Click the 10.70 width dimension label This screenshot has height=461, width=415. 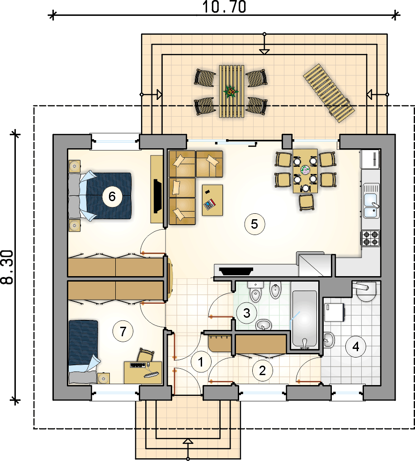[224, 7]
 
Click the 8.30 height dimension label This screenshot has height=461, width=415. [8, 267]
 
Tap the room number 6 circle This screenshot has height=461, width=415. [112, 197]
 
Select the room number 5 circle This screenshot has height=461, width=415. [255, 224]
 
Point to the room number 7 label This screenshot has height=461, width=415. [123, 331]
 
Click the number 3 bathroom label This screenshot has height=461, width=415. [246, 313]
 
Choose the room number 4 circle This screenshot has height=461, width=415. [356, 347]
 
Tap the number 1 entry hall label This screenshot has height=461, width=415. [201, 362]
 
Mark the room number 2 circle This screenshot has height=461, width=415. [262, 371]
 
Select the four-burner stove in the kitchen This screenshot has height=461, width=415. [371, 238]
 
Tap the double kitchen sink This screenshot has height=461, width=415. [371, 200]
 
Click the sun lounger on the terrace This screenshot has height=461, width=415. [329, 93]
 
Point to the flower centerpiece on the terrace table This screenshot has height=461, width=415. [231, 92]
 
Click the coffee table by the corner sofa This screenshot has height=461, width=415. [212, 200]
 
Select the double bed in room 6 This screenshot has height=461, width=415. [99, 196]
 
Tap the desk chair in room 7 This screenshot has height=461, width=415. [146, 355]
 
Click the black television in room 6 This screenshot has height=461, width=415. [158, 196]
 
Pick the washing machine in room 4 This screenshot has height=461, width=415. [334, 312]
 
